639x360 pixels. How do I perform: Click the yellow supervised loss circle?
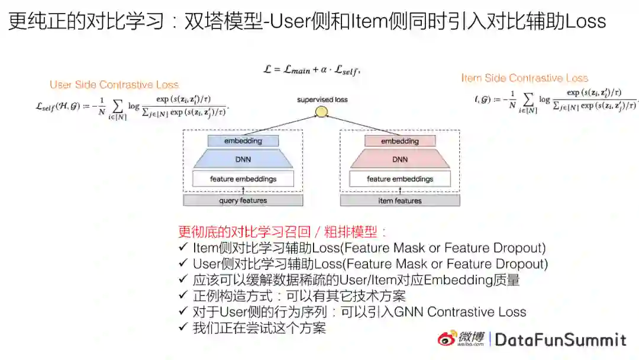click(321, 111)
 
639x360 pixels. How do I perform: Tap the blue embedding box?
click(243, 142)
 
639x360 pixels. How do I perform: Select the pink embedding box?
click(400, 142)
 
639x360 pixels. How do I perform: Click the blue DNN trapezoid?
click(243, 159)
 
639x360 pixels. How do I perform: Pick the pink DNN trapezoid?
click(400, 159)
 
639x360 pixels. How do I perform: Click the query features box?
click(243, 201)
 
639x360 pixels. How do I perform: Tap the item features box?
click(400, 201)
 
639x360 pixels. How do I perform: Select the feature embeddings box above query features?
click(243, 179)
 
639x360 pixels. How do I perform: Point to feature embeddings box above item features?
click(400, 179)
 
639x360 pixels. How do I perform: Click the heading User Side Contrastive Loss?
click(114, 85)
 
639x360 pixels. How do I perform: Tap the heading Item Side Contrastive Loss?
click(524, 78)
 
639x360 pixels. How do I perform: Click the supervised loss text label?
click(322, 99)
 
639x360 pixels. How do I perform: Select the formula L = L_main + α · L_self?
click(311, 70)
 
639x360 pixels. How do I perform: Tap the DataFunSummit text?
click(560, 339)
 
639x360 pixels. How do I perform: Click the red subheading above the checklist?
click(283, 232)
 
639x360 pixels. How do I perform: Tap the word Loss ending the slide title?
click(586, 22)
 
